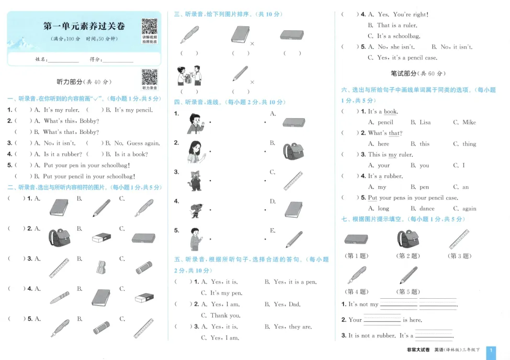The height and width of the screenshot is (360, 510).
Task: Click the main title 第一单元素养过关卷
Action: [84, 26]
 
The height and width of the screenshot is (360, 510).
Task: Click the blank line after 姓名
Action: [63, 60]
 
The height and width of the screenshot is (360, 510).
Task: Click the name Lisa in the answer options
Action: [425, 122]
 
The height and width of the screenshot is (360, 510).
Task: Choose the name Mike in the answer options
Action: [469, 122]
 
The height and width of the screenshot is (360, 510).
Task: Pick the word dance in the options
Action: [426, 209]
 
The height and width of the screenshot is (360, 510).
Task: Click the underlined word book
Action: [390, 111]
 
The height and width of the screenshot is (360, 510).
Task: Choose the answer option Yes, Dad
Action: [287, 305]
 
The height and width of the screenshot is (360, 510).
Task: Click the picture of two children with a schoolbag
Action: [189, 76]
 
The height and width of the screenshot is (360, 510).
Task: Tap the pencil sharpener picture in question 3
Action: [100, 267]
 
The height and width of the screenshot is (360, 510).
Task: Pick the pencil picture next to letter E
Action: [293, 239]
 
